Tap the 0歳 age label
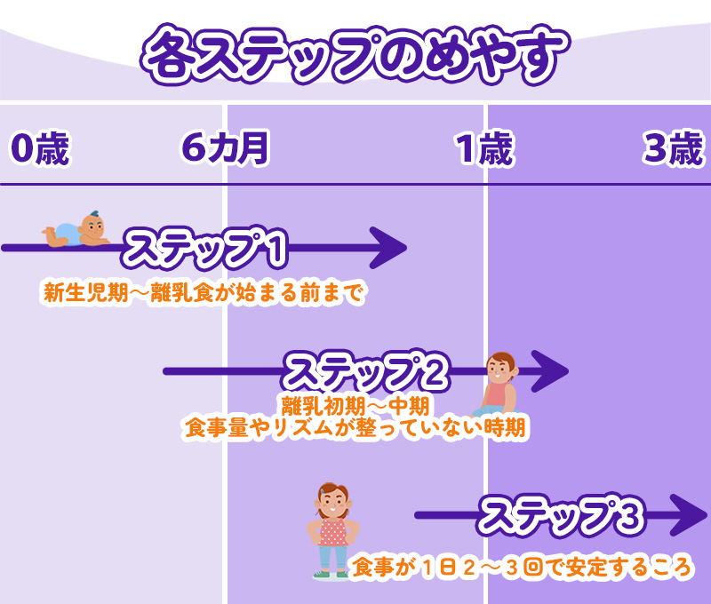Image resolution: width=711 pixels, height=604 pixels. pyautogui.click(x=39, y=149)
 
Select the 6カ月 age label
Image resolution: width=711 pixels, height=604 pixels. pyautogui.click(x=224, y=149)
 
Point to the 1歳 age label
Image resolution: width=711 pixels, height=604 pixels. pyautogui.click(x=485, y=149)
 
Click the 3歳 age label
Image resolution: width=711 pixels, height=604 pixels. pyautogui.click(x=673, y=149)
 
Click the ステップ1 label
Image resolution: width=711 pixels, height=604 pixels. pyautogui.click(x=206, y=250)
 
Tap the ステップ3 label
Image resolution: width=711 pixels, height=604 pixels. pyautogui.click(x=561, y=515)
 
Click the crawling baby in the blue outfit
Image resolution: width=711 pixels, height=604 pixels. pyautogui.click(x=76, y=231)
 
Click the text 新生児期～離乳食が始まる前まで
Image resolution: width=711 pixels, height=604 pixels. pyautogui.click(x=204, y=293)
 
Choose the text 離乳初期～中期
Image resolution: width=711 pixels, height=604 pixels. pyautogui.click(x=356, y=406)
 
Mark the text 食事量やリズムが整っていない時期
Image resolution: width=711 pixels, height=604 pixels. pyautogui.click(x=355, y=428)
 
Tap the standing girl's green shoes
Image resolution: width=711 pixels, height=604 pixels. pyautogui.click(x=332, y=575)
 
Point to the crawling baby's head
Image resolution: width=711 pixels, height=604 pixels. pyautogui.click(x=91, y=224)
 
